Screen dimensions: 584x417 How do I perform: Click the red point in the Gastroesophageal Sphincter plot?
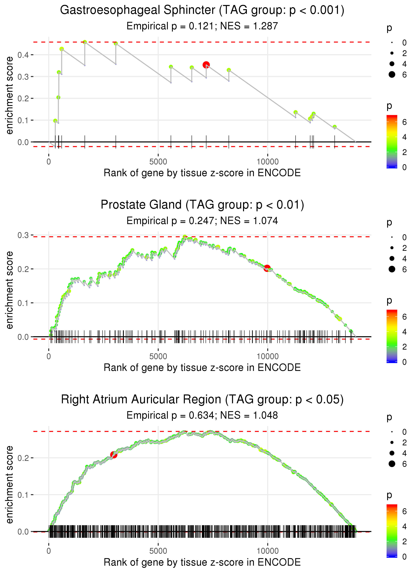point(206,65)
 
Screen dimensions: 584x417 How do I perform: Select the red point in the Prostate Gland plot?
point(267,268)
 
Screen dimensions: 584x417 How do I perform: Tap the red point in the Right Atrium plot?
point(114,455)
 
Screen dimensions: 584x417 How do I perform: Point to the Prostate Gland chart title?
point(202,205)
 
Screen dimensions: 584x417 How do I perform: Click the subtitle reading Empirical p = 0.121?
point(202,26)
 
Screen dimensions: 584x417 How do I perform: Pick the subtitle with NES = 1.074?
point(202,221)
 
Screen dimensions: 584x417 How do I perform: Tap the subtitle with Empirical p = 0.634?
point(202,415)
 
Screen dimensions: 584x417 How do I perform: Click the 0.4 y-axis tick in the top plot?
point(23,55)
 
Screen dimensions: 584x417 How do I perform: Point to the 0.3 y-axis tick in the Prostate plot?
point(23,235)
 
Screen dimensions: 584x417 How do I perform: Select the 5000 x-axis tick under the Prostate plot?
point(158,356)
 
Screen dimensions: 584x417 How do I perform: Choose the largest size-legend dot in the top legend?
point(392,74)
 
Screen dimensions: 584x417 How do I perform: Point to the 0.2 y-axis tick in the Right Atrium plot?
point(23,458)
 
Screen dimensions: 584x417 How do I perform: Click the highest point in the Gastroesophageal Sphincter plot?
point(85,42)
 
